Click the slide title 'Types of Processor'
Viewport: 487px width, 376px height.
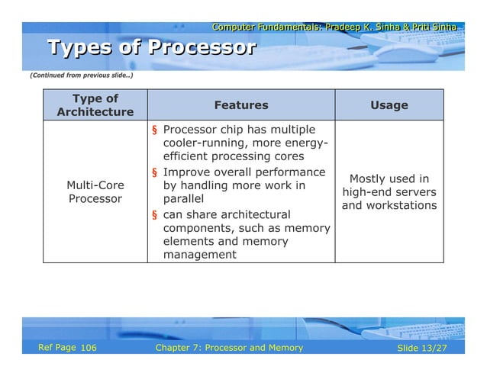point(150,48)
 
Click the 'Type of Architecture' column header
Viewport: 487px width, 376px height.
point(95,105)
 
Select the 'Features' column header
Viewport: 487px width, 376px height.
point(241,105)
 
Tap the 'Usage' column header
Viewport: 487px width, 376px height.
point(389,105)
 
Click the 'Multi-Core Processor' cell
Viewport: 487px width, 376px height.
point(95,192)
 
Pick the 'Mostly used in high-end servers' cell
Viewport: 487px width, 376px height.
point(389,192)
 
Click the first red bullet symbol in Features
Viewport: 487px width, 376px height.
point(155,130)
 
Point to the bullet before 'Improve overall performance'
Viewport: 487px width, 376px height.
point(155,172)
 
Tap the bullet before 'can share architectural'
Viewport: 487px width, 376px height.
point(155,215)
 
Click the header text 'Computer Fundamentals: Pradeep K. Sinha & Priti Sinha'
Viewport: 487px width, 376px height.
point(334,27)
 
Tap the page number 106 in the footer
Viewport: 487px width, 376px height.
point(88,349)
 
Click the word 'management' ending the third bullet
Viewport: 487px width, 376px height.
point(200,255)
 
